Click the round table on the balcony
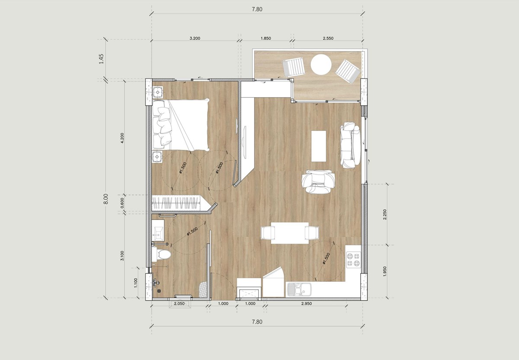pos(321,64)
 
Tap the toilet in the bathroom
pos(163,254)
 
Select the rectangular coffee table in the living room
pos(319,146)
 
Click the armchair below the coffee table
pos(319,181)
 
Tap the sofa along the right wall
pos(349,146)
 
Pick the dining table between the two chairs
pos(289,233)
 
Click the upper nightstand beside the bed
pos(158,92)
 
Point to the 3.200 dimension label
pos(195,39)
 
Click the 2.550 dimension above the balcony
pos(328,39)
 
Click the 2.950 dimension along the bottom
pos(306,304)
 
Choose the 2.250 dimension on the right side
pos(385,215)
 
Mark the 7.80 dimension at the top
pos(257,9)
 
